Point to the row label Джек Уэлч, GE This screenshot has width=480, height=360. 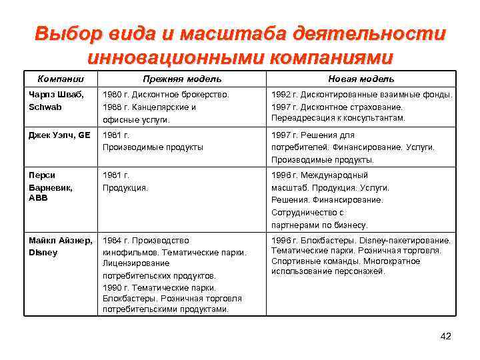pyautogui.click(x=59, y=135)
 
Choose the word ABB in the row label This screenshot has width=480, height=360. pyautogui.click(x=39, y=199)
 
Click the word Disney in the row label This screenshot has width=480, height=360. pyautogui.click(x=43, y=253)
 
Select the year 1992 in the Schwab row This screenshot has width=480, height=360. pyautogui.click(x=281, y=95)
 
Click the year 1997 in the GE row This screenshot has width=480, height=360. pyautogui.click(x=281, y=135)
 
